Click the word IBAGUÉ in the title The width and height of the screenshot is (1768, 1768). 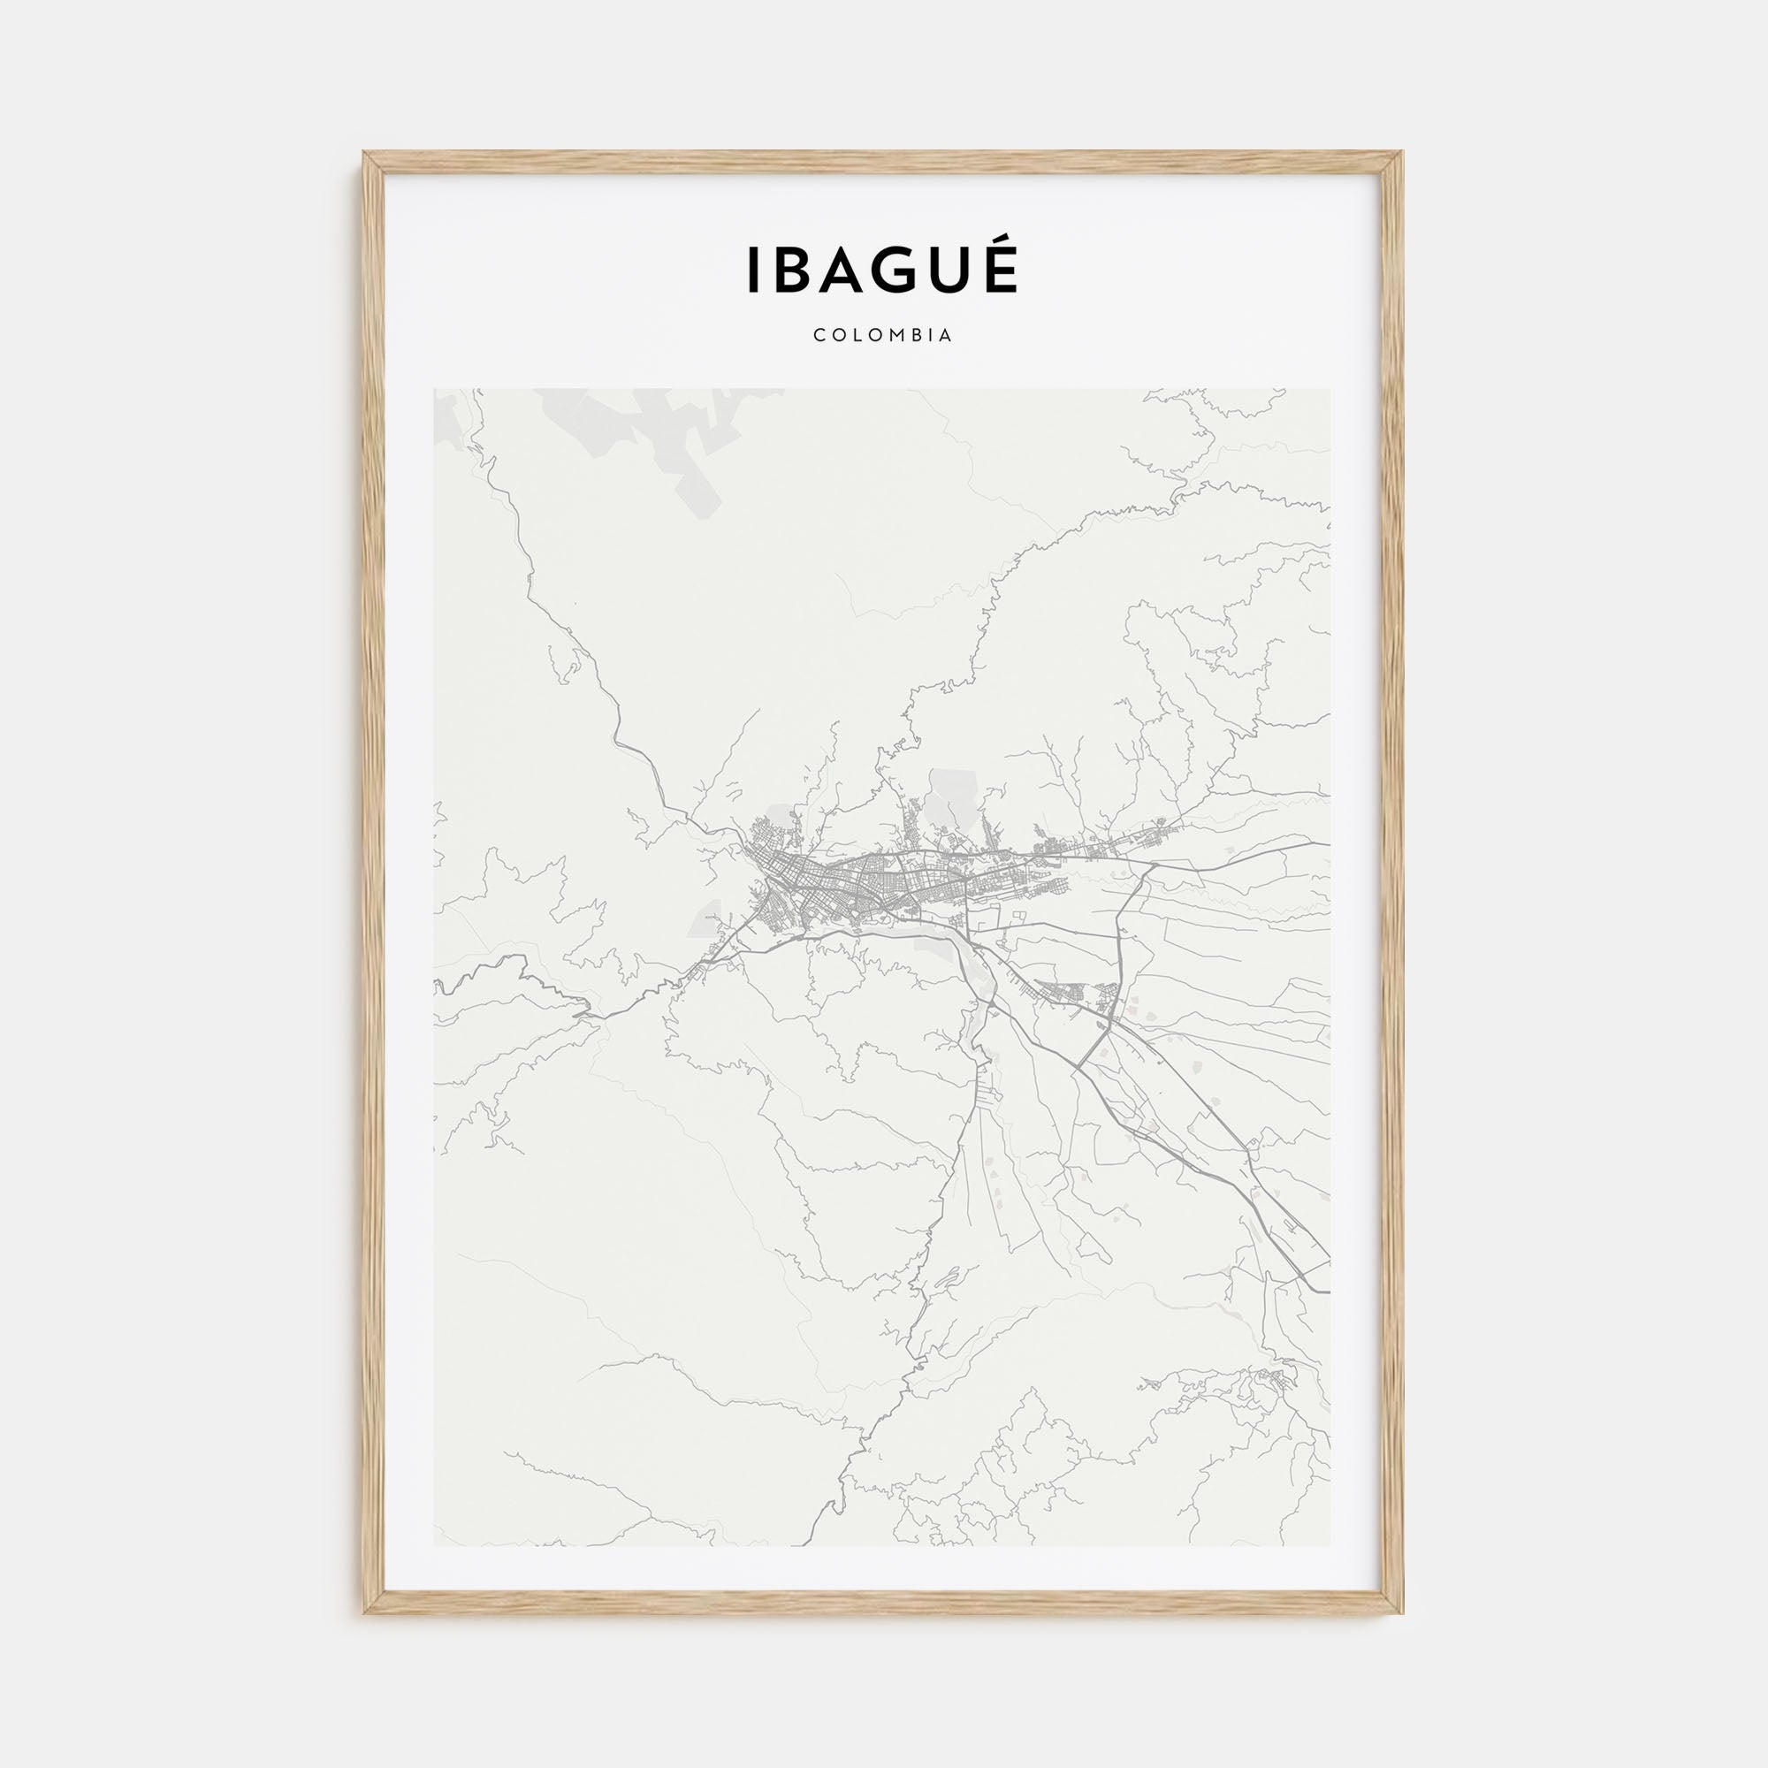[x=882, y=271]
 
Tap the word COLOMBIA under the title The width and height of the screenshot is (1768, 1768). [x=883, y=336]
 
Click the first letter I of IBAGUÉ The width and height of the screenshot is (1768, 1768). [x=753, y=271]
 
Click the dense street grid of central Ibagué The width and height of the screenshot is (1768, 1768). [x=851, y=884]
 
